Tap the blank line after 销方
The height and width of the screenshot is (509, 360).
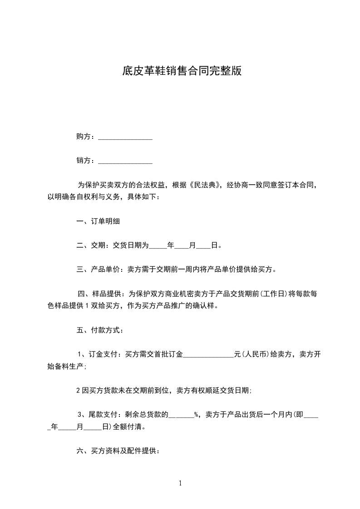click(125, 161)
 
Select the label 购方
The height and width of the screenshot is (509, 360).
click(84, 137)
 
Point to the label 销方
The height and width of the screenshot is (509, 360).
click(84, 160)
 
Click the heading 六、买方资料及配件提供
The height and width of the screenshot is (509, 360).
click(117, 451)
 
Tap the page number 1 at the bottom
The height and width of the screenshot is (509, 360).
click(180, 483)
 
